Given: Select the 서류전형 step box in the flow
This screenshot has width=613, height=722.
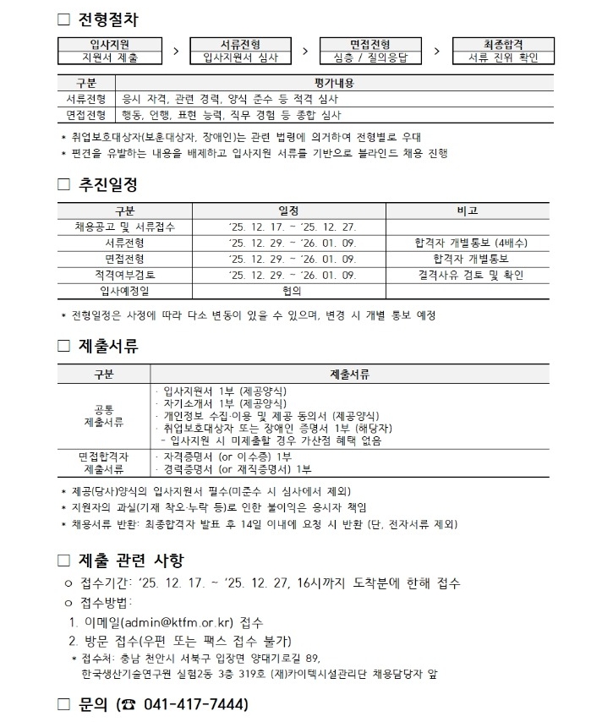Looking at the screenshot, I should (x=240, y=51).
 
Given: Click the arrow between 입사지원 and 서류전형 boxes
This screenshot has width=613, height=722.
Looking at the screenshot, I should (x=176, y=52).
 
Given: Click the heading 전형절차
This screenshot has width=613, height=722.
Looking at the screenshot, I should (x=109, y=19).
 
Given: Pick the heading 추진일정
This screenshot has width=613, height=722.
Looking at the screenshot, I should (x=109, y=183).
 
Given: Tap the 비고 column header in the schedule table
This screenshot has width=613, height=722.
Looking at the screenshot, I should (x=470, y=211).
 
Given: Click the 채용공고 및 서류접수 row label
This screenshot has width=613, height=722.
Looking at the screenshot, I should (x=125, y=227).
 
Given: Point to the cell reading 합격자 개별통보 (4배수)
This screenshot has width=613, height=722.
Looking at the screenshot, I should (x=470, y=243).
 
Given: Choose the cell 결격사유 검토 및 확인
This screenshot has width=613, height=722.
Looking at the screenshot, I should (x=470, y=275).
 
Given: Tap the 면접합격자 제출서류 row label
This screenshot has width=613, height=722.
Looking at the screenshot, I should (x=103, y=462).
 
